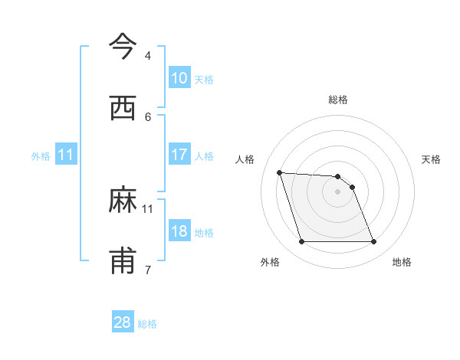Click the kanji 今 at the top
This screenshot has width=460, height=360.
[123, 47]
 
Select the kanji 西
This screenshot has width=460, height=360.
[123, 108]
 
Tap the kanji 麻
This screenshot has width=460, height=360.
[123, 201]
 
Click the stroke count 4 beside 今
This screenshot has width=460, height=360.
[147, 56]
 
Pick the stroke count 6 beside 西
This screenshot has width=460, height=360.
[147, 116]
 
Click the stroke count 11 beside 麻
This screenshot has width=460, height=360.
[148, 208]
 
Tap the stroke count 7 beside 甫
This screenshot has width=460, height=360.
[147, 270]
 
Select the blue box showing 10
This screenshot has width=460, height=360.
[179, 78]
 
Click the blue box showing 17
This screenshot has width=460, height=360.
[179, 155]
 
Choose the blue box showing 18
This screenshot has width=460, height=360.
[179, 231]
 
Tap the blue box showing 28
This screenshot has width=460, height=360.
[123, 322]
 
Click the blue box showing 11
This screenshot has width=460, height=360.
[66, 155]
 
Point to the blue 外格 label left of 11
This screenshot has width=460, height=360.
[41, 155]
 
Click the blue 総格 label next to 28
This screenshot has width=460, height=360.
[147, 324]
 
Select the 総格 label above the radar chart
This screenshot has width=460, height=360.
[338, 100]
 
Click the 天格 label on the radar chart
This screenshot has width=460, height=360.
[431, 159]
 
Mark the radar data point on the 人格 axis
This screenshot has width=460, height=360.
[279, 172]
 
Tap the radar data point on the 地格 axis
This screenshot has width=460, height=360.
[373, 242]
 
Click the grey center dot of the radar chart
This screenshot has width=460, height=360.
[337, 191]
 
